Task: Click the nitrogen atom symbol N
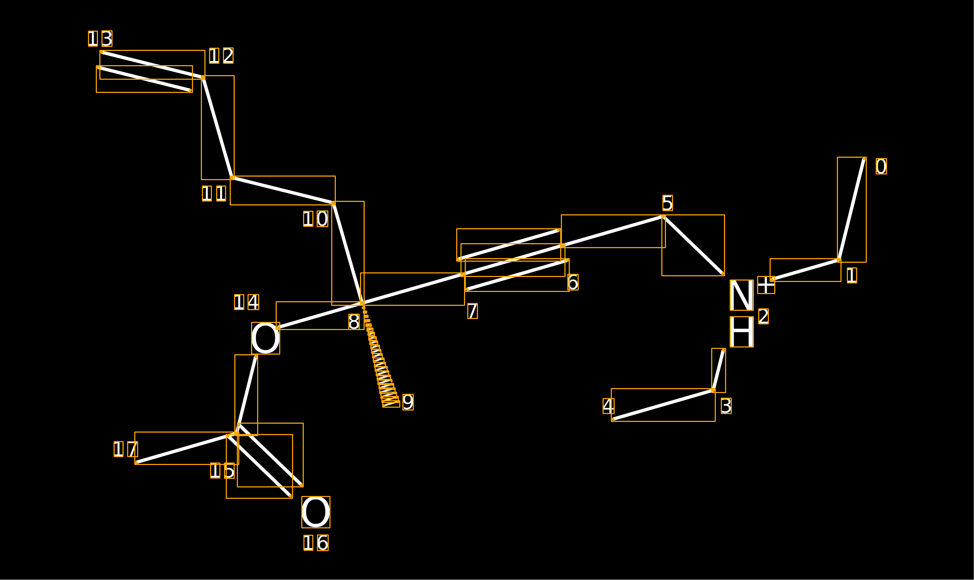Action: click(x=741, y=295)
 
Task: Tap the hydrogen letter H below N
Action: click(x=741, y=331)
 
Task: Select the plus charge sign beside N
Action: click(x=766, y=285)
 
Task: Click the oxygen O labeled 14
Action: click(x=265, y=338)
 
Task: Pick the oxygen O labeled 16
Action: click(x=316, y=512)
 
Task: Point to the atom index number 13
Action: click(x=100, y=39)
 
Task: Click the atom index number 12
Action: click(x=221, y=56)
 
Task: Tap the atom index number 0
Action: click(x=881, y=167)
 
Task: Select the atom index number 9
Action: click(x=408, y=402)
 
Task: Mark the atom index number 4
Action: click(x=609, y=406)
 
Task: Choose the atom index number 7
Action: click(x=473, y=311)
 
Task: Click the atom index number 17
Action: click(x=126, y=449)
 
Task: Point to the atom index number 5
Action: click(x=668, y=203)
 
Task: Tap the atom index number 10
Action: click(x=316, y=219)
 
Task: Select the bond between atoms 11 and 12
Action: click(x=218, y=127)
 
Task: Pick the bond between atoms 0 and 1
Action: click(x=851, y=209)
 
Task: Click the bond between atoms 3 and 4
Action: click(x=663, y=405)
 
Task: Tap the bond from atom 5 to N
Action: click(x=693, y=245)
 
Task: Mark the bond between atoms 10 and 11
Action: click(x=283, y=190)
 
